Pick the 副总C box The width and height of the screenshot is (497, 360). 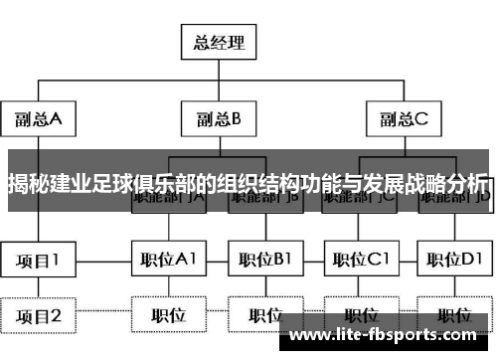click(x=402, y=120)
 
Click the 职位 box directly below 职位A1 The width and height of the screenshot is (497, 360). click(x=168, y=316)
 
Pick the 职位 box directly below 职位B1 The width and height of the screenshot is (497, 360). click(x=263, y=316)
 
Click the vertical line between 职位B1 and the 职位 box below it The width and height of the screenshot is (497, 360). click(x=263, y=288)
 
